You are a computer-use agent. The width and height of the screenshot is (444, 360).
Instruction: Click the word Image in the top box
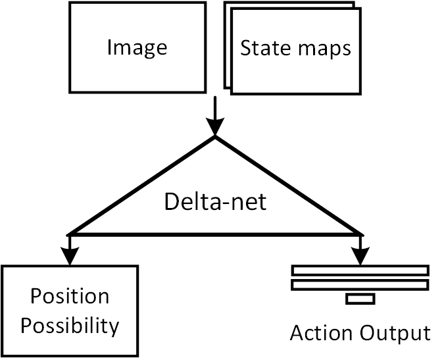click(137, 48)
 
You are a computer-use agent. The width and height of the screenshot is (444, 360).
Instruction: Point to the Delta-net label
click(215, 201)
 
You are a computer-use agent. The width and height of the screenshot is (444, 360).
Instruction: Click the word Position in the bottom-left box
click(70, 296)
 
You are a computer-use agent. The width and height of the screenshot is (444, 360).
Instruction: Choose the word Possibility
click(70, 325)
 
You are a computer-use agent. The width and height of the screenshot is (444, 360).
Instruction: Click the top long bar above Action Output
click(360, 270)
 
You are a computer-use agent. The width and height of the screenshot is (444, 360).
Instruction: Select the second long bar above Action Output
click(360, 284)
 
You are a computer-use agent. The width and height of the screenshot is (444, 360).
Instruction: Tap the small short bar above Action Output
click(360, 299)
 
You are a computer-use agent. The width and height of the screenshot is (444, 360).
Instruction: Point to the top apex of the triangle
click(215, 137)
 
